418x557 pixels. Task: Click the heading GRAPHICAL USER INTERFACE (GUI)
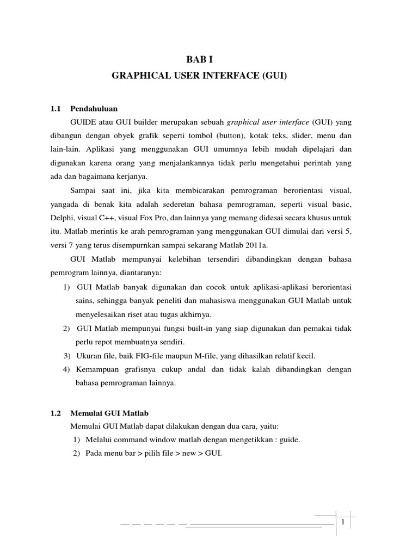coord(199,78)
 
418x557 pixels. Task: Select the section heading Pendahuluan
coord(94,108)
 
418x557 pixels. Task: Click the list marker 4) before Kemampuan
coord(67,369)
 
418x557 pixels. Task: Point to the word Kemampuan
coord(100,369)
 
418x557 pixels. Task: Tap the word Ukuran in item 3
coord(89,356)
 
